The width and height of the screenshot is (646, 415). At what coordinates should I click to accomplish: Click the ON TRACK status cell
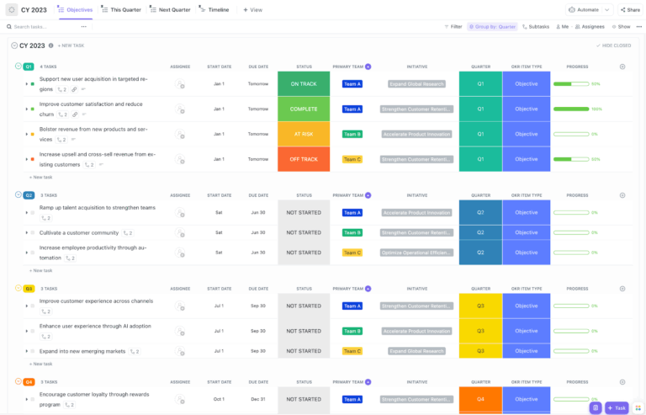[x=304, y=84]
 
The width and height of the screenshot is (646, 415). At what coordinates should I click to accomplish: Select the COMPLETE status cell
[x=304, y=109]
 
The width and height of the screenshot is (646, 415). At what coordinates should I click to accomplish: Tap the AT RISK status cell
[x=304, y=134]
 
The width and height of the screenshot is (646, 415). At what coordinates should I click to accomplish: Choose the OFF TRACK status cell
[x=304, y=159]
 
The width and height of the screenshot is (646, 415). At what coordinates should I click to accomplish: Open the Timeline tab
[x=214, y=10]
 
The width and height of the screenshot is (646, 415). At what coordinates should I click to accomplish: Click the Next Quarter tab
[x=170, y=10]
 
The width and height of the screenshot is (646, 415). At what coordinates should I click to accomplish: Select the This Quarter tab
[x=122, y=10]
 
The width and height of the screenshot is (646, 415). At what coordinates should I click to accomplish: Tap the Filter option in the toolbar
[x=453, y=27]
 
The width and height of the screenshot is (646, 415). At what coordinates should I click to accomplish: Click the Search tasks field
[x=42, y=27]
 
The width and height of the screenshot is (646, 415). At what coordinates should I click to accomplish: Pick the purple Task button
[x=617, y=407]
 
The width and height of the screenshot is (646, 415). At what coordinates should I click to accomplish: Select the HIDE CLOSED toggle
[x=615, y=45]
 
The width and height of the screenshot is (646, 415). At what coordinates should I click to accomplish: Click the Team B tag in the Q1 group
[x=352, y=134]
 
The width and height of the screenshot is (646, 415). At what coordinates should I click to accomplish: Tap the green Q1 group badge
[x=29, y=66]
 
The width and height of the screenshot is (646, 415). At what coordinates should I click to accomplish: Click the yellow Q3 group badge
[x=29, y=288]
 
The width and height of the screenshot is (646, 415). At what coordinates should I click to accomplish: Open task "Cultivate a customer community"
[x=79, y=232]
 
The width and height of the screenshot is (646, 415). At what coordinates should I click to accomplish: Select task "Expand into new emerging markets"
[x=82, y=351]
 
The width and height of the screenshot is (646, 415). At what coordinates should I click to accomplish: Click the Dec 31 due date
[x=257, y=399]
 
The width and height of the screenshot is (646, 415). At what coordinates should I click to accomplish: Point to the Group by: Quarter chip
[x=492, y=27]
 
